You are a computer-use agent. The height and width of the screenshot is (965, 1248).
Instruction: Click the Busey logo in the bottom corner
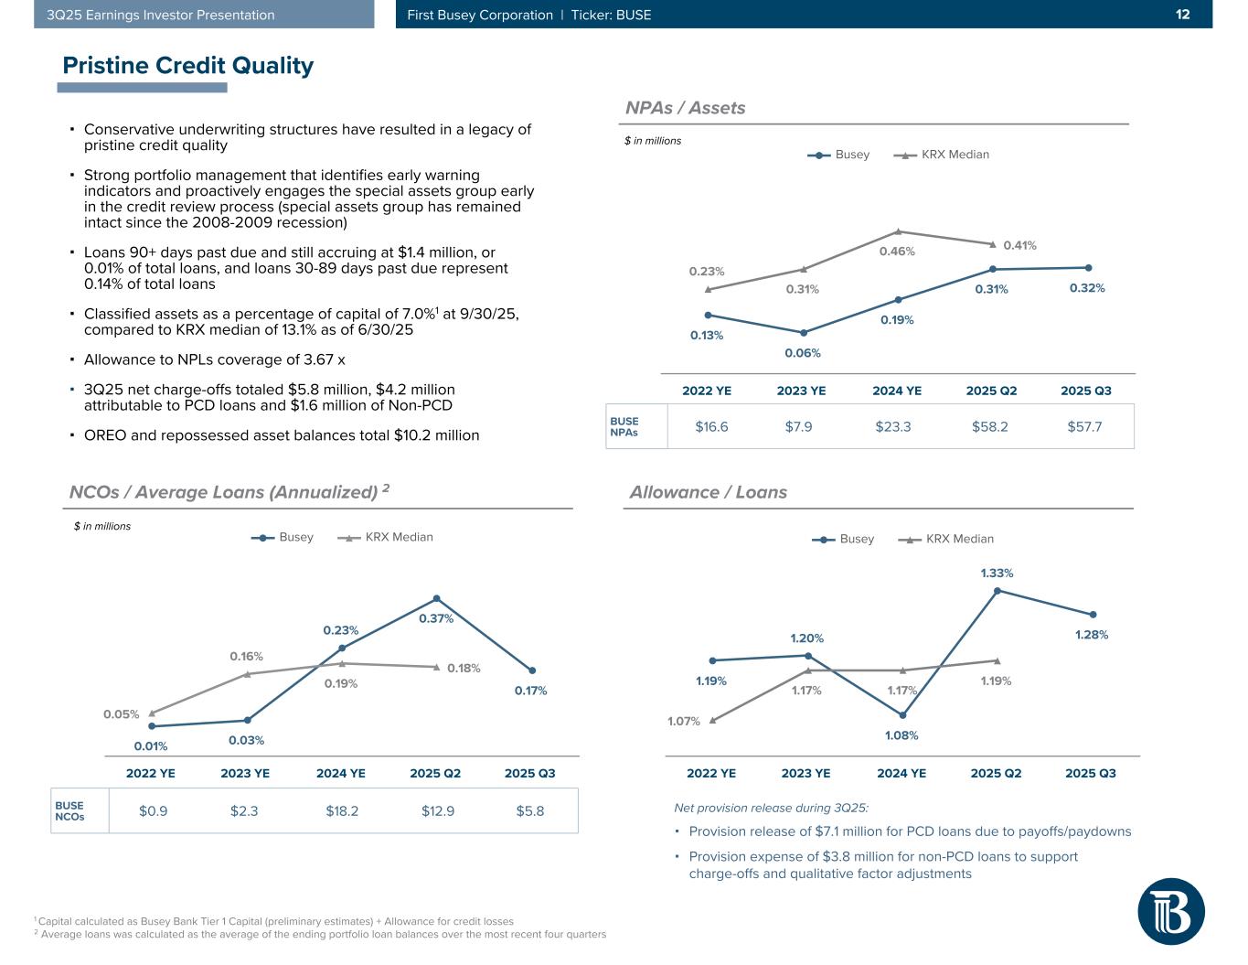click(1171, 911)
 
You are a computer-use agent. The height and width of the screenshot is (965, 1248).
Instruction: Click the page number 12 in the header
click(1182, 15)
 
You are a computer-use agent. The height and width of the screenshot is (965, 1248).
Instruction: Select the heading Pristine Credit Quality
click(187, 66)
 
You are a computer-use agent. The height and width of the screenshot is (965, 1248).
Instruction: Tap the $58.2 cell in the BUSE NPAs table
click(990, 426)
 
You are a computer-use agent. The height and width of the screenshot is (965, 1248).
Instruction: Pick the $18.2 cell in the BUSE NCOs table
click(341, 810)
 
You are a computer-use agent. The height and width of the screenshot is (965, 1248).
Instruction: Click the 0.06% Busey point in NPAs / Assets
click(804, 333)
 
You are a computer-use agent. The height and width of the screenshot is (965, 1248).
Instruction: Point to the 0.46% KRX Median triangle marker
click(898, 231)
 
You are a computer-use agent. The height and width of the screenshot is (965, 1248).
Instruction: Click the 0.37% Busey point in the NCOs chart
click(437, 599)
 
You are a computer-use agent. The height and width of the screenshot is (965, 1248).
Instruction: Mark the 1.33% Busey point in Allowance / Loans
click(997, 591)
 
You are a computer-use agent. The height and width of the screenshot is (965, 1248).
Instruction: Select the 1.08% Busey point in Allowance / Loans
click(902, 715)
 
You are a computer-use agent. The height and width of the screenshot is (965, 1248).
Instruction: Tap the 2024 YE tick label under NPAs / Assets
click(897, 391)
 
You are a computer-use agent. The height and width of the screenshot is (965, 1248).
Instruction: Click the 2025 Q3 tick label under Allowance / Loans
click(1091, 773)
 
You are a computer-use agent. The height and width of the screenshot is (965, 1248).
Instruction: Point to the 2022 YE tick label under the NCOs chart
click(151, 773)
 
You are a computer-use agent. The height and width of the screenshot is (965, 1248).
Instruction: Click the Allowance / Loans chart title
click(708, 492)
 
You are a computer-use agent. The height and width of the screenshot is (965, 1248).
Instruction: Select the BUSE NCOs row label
click(69, 810)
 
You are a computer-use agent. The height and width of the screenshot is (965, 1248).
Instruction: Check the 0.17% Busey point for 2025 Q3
click(532, 670)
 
